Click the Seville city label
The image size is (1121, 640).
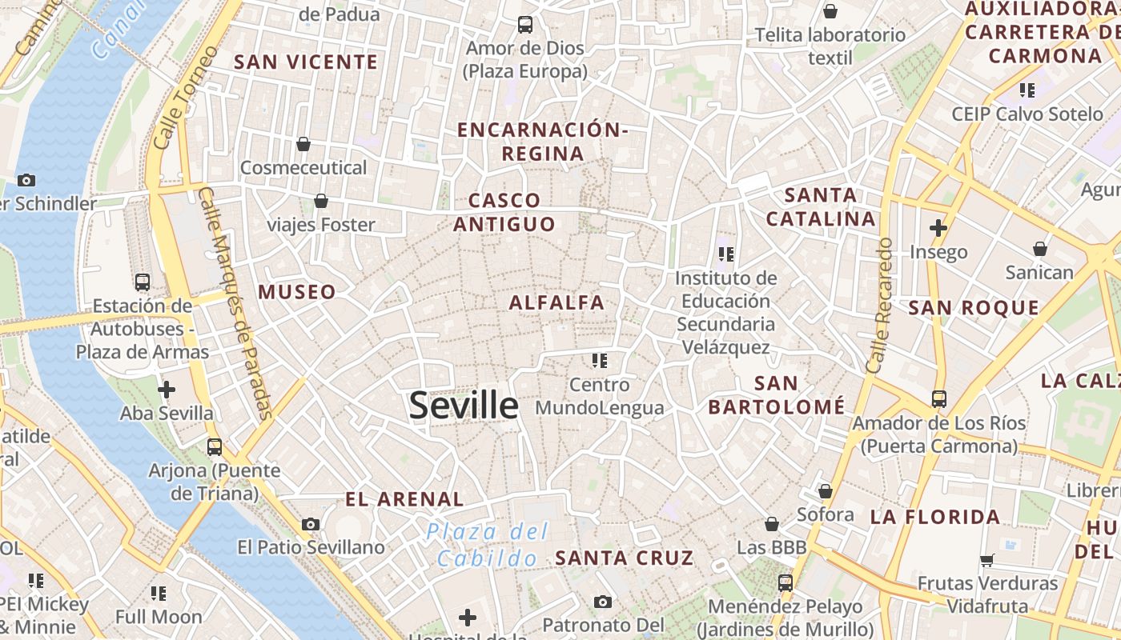click(x=464, y=406)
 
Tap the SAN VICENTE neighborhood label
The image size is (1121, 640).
click(x=306, y=62)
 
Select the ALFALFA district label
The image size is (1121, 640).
click(x=556, y=302)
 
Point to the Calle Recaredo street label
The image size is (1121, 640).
click(x=879, y=305)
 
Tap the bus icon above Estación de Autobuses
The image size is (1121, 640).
click(x=143, y=282)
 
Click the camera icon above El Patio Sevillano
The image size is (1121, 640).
click(x=311, y=525)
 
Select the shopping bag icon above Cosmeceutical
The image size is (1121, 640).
click(x=303, y=144)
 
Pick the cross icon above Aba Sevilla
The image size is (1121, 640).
click(x=167, y=390)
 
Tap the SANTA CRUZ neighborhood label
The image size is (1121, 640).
click(x=625, y=558)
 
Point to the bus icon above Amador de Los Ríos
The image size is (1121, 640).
click(x=939, y=398)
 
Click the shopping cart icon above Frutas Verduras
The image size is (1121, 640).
click(x=987, y=560)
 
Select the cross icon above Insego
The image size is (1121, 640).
click(x=938, y=228)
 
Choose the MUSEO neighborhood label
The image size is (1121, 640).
click(x=297, y=292)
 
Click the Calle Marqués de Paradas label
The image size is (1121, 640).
click(x=237, y=304)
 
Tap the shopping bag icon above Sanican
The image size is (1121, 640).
click(x=1039, y=249)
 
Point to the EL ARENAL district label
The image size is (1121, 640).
click(x=404, y=499)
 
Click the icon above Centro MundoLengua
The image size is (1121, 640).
click(x=600, y=361)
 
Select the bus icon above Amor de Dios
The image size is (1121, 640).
click(x=525, y=25)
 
